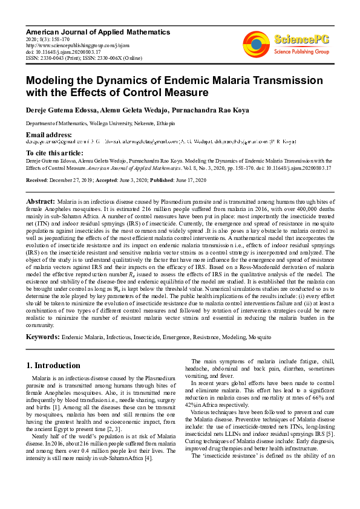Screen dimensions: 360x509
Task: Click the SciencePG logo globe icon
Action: [256, 43]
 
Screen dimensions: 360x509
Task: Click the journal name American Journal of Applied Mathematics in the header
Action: [97, 31]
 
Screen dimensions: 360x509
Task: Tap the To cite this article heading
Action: [54, 154]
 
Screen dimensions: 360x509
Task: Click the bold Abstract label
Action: [41, 199]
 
